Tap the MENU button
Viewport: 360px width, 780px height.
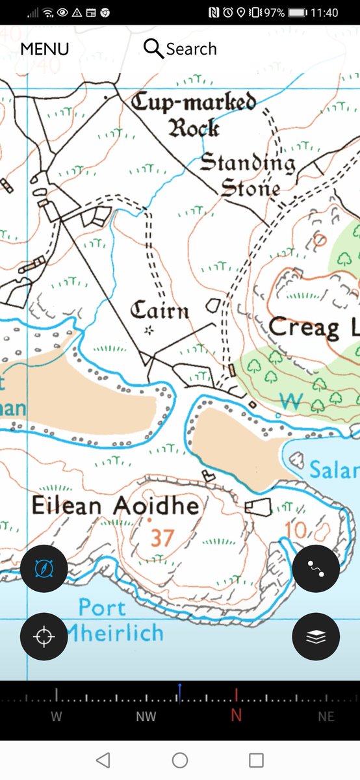click(45, 49)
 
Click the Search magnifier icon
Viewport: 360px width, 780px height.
click(153, 49)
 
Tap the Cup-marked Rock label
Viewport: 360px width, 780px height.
click(194, 114)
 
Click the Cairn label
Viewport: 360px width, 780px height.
click(160, 311)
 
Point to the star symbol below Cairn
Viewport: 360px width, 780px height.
click(149, 331)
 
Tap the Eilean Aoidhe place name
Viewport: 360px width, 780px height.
click(116, 506)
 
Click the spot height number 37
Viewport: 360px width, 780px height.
click(162, 538)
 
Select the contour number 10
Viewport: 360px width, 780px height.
click(296, 530)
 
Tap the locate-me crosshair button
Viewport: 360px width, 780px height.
click(44, 638)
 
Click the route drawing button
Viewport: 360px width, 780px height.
click(316, 569)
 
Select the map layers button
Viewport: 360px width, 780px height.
click(316, 637)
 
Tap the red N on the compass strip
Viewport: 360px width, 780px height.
click(237, 716)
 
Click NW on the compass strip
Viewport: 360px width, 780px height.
click(146, 716)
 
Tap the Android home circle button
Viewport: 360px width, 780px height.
click(180, 760)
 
